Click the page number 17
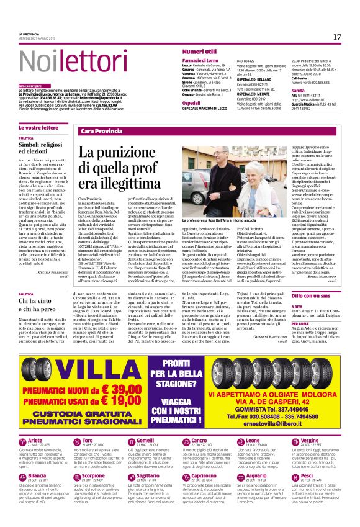click(337, 37)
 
